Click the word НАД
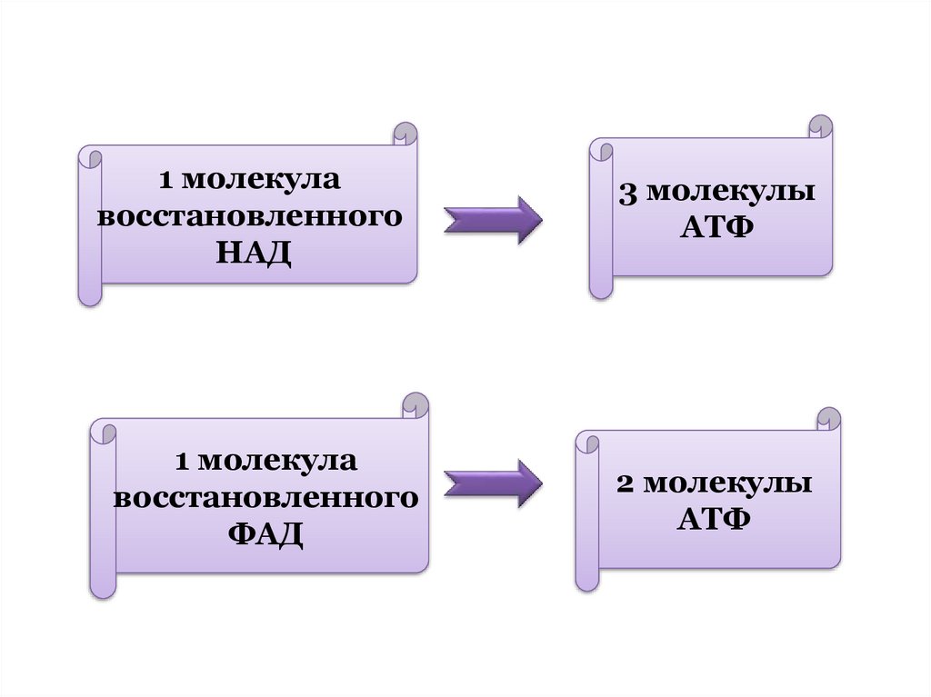[x=255, y=252]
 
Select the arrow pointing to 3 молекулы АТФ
[x=493, y=220]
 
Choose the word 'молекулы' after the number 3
[x=731, y=193]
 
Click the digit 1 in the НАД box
[x=165, y=181]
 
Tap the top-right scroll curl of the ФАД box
[x=415, y=405]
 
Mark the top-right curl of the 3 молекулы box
[x=820, y=125]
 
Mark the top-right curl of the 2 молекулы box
[x=829, y=419]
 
